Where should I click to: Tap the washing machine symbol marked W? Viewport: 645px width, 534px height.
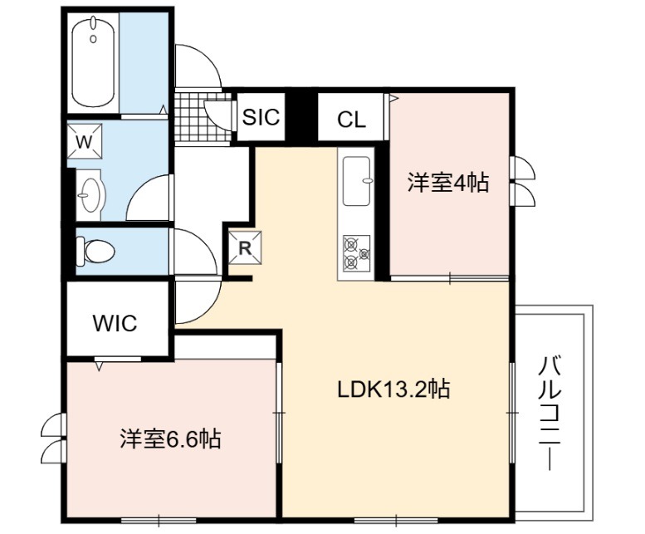pyautogui.click(x=85, y=141)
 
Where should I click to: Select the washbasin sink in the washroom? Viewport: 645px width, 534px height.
pyautogui.click(x=90, y=195)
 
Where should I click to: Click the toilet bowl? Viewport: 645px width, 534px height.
pyautogui.click(x=95, y=251)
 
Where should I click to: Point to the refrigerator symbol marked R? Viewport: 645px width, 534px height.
pyautogui.click(x=245, y=248)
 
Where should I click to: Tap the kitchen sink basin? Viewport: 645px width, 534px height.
pyautogui.click(x=357, y=180)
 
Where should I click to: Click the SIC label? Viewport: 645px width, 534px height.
pyautogui.click(x=261, y=117)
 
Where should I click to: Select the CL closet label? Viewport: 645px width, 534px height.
pyautogui.click(x=351, y=120)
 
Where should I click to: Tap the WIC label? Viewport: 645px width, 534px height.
pyautogui.click(x=115, y=323)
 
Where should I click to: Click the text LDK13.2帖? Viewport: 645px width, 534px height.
pyautogui.click(x=393, y=389)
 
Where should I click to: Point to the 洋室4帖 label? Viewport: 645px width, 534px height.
pyautogui.click(x=448, y=182)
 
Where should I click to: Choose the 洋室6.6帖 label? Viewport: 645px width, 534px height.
pyautogui.click(x=171, y=439)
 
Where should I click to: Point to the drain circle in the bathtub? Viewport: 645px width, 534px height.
pyautogui.click(x=93, y=39)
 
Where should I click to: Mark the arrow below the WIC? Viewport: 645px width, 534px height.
pyautogui.click(x=99, y=365)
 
